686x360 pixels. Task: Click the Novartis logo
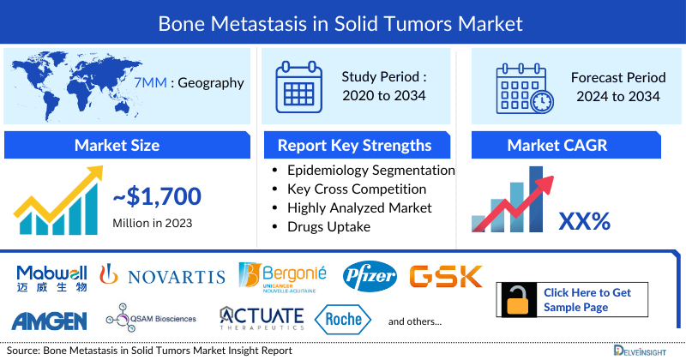(x=162, y=274)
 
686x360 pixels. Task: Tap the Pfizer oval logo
(x=370, y=275)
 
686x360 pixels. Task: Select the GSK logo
(x=445, y=276)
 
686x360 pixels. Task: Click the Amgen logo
(x=50, y=321)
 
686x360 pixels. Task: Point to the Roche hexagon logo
(x=345, y=320)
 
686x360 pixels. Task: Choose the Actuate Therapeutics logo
(x=262, y=318)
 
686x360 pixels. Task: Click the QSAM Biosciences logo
(x=151, y=319)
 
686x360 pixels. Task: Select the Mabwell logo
(x=51, y=277)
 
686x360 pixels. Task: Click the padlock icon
(x=518, y=300)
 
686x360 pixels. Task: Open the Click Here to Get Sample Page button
(x=587, y=300)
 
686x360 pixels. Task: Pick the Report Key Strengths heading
(x=353, y=145)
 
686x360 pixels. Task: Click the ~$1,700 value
(x=157, y=198)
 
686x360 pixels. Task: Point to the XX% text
(x=584, y=221)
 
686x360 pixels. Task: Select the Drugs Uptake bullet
(x=331, y=226)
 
